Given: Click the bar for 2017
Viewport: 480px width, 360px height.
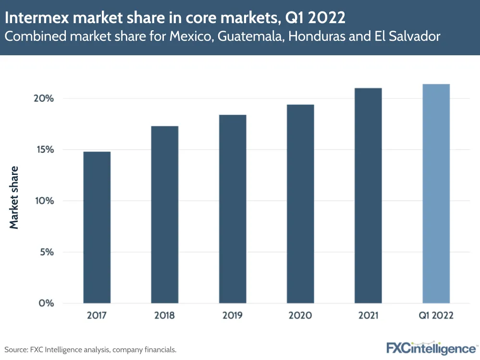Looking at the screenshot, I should pos(97,227).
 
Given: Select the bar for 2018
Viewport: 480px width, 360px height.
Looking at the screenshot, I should pos(164,214).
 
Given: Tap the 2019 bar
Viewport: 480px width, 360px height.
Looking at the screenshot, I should pos(233,209).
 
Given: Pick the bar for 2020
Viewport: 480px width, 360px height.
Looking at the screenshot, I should pos(300,204).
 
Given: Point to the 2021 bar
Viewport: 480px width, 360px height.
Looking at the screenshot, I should pos(368,196).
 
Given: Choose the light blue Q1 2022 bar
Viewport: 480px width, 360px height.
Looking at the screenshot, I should pos(436,194).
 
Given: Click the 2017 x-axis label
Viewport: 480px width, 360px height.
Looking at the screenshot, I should pos(97,316).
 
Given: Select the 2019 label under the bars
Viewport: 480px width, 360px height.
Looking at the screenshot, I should pos(233,316).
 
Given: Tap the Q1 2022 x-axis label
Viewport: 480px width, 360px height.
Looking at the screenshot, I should pos(436,316).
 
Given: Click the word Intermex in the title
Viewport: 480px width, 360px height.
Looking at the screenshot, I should pos(34,19).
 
